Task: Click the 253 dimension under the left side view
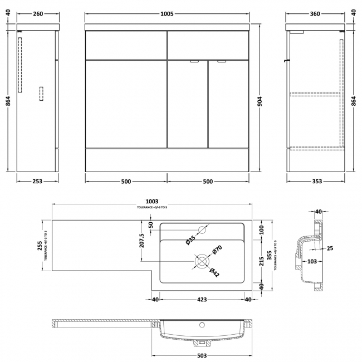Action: [37, 181]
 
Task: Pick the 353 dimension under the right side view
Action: [315, 181]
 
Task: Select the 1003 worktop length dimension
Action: [152, 201]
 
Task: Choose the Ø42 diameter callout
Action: [214, 272]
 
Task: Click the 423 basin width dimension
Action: [202, 300]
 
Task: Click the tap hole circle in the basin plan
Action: [202, 230]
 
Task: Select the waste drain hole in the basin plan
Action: [201, 260]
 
